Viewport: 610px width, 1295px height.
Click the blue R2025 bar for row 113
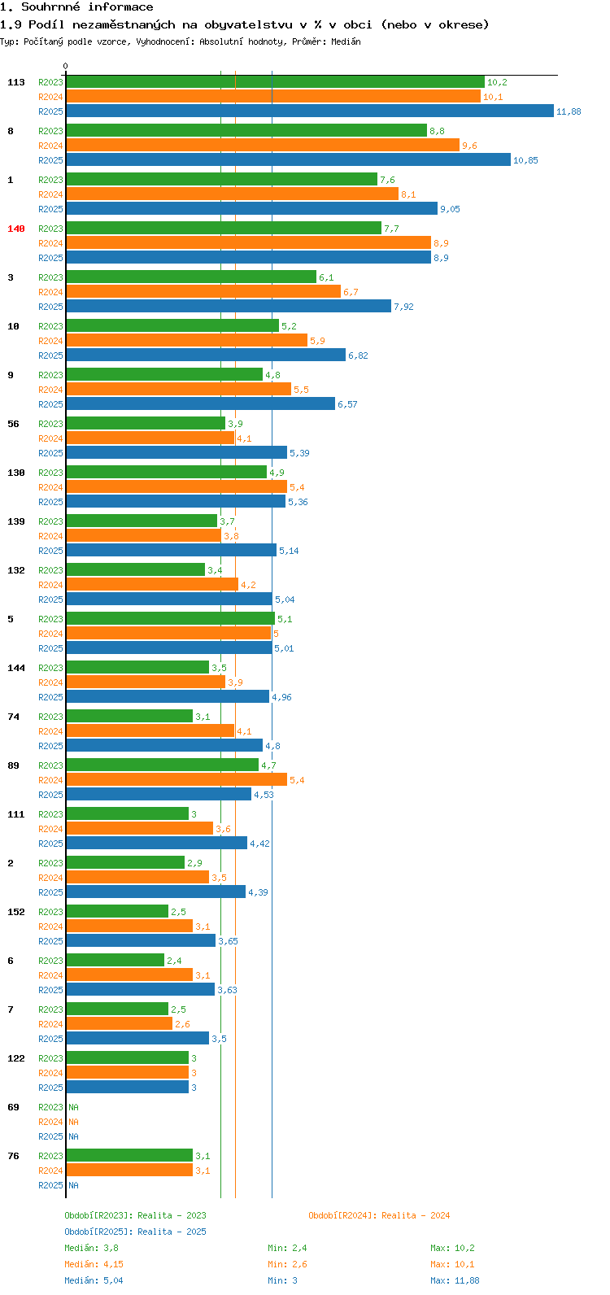[309, 111]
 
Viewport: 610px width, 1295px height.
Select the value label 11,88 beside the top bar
[569, 111]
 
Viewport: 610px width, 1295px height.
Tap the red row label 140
[16, 229]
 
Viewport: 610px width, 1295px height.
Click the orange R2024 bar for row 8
[262, 146]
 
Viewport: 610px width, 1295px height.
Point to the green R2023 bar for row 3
[190, 277]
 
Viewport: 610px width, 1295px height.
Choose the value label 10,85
[525, 160]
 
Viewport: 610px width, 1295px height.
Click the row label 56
[14, 424]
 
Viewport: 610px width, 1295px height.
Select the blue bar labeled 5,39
[176, 453]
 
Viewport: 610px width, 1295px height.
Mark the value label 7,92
[404, 307]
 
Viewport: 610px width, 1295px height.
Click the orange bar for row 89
[176, 780]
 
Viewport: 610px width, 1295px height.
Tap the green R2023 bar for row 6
[115, 961]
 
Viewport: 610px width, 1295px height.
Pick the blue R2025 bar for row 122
[127, 1088]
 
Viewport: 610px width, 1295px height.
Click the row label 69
[14, 1107]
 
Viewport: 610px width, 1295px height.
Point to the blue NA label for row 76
[73, 1185]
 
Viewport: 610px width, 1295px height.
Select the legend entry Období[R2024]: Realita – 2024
[379, 1215]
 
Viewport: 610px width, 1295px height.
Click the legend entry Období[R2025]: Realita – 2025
[135, 1232]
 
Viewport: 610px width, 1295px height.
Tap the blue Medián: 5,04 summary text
[94, 1280]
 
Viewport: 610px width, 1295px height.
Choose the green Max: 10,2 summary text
[452, 1248]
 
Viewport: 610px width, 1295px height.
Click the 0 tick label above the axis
[66, 67]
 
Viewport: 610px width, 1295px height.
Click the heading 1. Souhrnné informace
[76, 7]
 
